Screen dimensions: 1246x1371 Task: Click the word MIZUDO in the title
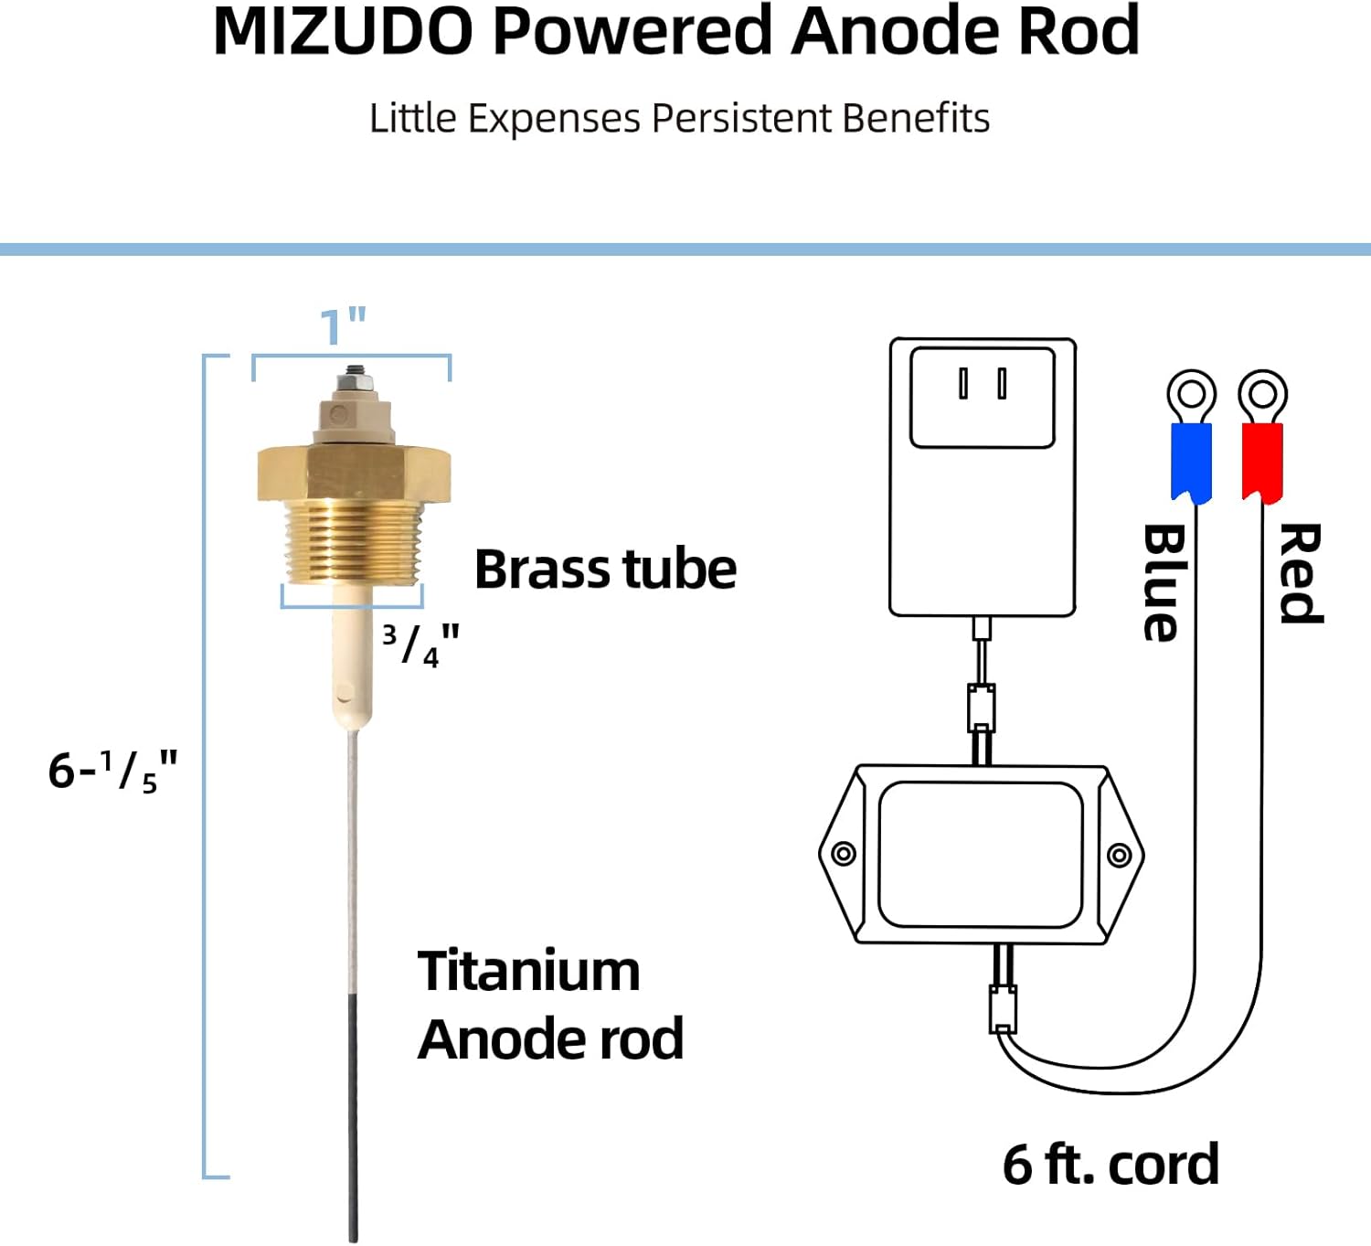(343, 33)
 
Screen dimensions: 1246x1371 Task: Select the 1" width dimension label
(343, 327)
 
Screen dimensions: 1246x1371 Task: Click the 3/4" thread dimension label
(420, 644)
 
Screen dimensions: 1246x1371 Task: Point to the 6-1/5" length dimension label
(112, 771)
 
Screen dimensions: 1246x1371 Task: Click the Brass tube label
(605, 570)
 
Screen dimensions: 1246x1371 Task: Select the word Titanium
(528, 971)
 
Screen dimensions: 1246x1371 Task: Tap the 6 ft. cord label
(1111, 1165)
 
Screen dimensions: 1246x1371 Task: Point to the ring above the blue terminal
(1191, 395)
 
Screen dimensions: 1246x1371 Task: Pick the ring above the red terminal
(1262, 395)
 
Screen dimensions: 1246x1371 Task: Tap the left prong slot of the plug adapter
(962, 383)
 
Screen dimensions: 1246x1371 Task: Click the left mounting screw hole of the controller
(844, 854)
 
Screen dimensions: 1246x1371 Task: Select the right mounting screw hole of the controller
(1119, 855)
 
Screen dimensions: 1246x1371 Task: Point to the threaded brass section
(353, 541)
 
